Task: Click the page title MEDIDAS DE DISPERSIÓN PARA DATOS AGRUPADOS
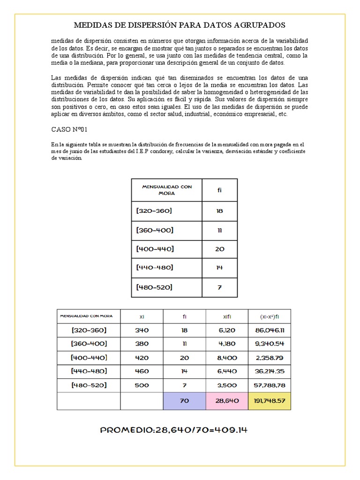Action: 180,25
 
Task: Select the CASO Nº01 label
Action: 69,129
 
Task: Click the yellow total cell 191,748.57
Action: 269,401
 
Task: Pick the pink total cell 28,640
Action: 226,401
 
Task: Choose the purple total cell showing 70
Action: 184,401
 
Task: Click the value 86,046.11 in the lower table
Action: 269,330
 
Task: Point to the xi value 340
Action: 142,330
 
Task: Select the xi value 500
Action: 142,385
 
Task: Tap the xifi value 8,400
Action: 226,358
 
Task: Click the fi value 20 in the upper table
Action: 219,249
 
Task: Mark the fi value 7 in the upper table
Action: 219,287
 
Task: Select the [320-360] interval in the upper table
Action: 155,211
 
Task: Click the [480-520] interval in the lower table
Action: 89,385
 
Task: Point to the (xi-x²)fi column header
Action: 269,316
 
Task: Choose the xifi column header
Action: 226,316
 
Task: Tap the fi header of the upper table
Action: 219,190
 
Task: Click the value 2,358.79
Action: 269,358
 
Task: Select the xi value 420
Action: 142,358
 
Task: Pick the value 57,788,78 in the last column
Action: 269,385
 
